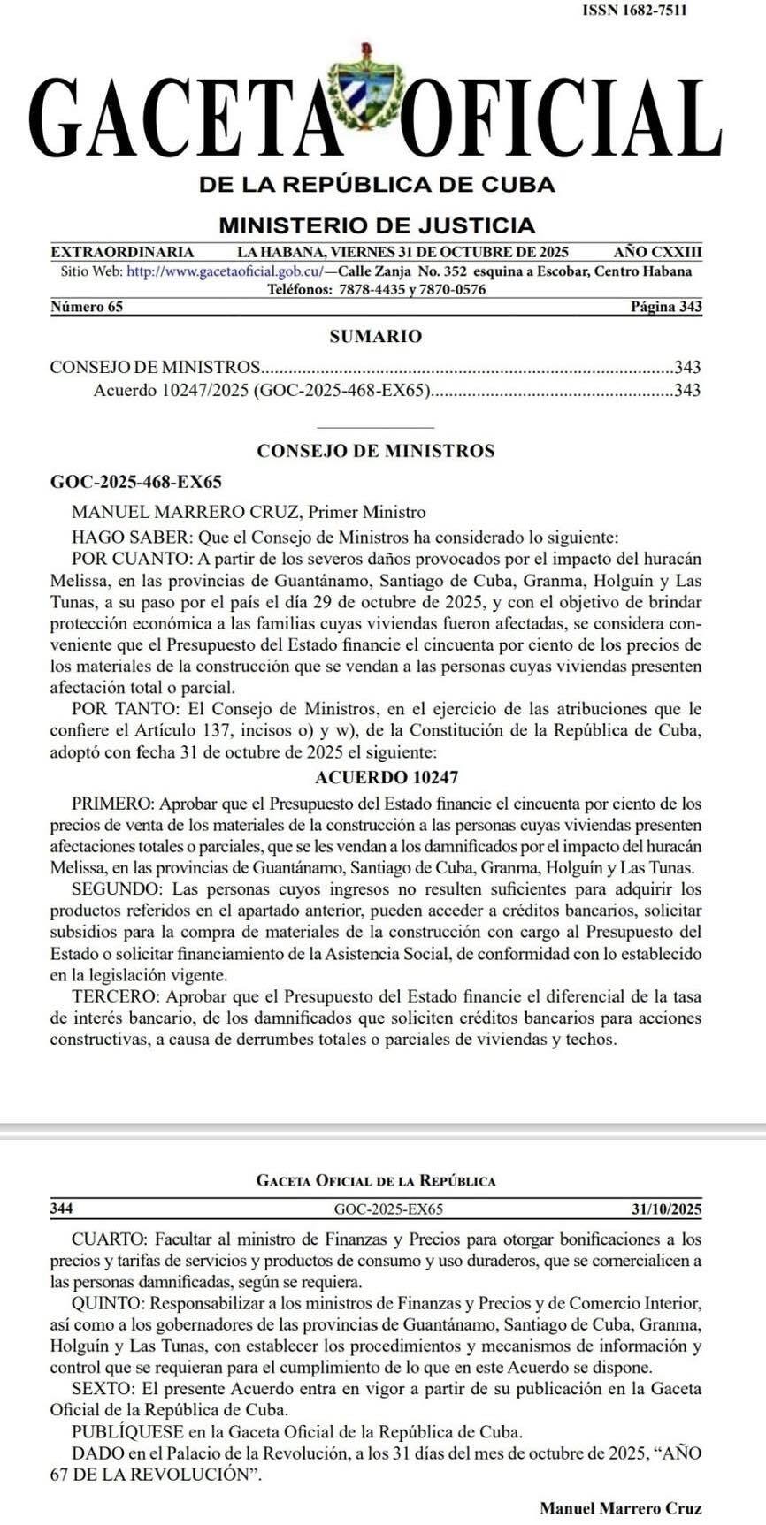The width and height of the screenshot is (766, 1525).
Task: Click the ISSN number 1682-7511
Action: pyautogui.click(x=634, y=11)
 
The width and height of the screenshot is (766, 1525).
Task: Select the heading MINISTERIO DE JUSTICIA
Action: pyautogui.click(x=377, y=225)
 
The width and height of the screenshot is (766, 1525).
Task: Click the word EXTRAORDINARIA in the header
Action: pyautogui.click(x=123, y=252)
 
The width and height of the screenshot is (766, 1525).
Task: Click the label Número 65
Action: pyautogui.click(x=87, y=307)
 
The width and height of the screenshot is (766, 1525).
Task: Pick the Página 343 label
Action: pyautogui.click(x=665, y=307)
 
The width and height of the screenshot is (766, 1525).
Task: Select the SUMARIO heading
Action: pyautogui.click(x=376, y=336)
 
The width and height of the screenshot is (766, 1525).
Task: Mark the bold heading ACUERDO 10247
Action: pyautogui.click(x=387, y=778)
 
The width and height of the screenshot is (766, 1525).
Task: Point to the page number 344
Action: pyautogui.click(x=62, y=1209)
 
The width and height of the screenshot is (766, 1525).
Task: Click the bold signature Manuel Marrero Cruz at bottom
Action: pyautogui.click(x=621, y=1506)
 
